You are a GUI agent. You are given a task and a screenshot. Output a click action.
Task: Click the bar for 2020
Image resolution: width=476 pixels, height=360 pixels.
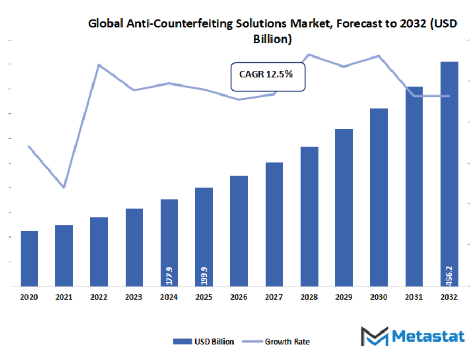point(29,258)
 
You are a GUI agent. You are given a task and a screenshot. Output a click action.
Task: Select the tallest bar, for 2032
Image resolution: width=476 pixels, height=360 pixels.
point(449,174)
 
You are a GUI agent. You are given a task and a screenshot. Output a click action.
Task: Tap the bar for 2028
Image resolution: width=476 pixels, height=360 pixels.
point(309,216)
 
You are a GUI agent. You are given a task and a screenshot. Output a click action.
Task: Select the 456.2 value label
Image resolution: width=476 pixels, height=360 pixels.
point(449,275)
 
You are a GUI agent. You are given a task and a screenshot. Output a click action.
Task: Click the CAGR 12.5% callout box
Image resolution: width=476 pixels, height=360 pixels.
point(268,77)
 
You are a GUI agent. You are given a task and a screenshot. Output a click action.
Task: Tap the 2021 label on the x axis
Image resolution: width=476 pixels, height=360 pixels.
point(64,297)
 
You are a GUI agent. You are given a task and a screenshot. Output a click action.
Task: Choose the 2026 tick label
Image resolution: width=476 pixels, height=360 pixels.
point(239,297)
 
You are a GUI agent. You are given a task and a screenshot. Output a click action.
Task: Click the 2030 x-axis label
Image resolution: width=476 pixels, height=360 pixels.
point(379,297)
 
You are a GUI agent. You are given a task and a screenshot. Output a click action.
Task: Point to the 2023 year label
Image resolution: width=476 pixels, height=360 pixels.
point(134,297)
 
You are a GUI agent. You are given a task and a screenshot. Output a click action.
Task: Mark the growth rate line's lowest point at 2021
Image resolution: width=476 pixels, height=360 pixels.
point(64,187)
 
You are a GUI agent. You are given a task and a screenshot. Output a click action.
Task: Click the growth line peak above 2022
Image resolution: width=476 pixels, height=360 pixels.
point(99,65)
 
